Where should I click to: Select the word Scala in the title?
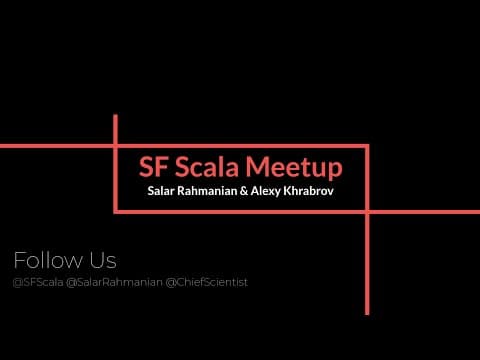pos(207,166)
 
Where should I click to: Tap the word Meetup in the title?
pos(294,168)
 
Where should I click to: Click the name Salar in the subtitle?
pos(161,191)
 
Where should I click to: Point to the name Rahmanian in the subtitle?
pos(207,191)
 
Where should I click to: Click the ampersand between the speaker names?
pos(244,191)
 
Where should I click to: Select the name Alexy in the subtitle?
pos(265,191)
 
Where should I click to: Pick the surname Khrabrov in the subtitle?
pos(308,191)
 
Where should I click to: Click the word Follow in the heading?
pos(48,260)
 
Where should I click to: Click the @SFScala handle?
pos(38,282)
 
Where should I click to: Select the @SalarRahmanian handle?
pos(114,282)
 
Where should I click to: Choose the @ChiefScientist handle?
pos(207,282)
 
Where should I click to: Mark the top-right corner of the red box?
pos(367,146)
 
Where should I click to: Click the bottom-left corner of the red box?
pos(115,212)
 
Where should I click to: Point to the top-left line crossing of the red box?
pos(115,146)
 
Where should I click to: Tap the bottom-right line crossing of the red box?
pos(367,212)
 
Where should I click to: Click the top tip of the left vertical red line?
pos(115,115)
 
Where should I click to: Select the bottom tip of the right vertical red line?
pos(367,314)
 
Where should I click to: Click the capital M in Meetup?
pos(257,167)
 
